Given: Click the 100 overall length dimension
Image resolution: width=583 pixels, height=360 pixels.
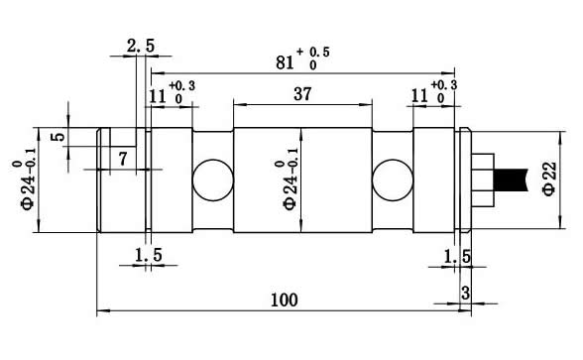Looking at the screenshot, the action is click(x=284, y=300).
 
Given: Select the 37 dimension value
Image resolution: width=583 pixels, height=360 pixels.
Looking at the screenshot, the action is click(x=301, y=93).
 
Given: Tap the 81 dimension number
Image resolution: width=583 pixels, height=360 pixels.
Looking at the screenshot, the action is click(x=285, y=62).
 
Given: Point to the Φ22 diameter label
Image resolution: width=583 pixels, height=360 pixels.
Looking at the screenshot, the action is click(x=549, y=179).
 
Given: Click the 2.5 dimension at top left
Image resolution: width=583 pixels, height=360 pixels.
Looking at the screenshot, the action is click(x=141, y=46).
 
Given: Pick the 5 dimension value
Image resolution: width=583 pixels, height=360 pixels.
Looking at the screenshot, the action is click(x=58, y=137).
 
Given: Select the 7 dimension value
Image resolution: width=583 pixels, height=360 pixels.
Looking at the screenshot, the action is click(x=123, y=159).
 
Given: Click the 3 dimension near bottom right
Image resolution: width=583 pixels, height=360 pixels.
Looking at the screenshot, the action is click(x=466, y=294).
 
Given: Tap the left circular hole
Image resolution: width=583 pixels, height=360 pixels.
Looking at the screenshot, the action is click(x=213, y=180).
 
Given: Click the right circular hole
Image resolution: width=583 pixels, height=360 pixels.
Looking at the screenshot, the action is click(x=393, y=180).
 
